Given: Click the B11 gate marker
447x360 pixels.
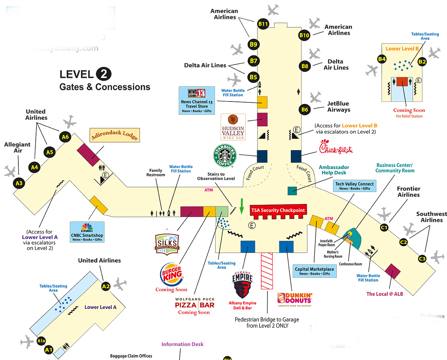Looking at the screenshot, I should pyautogui.click(x=263, y=24).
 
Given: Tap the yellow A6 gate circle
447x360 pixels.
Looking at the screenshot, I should pyautogui.click(x=65, y=137).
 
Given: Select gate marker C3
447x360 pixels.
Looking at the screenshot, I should pyautogui.click(x=422, y=259).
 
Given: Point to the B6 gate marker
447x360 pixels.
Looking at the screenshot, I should pyautogui.click(x=305, y=109).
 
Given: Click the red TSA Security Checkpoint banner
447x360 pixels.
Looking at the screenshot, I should pyautogui.click(x=278, y=210).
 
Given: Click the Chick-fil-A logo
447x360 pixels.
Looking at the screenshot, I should pyautogui.click(x=335, y=147).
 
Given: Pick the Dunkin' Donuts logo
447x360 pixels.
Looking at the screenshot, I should pyautogui.click(x=295, y=299).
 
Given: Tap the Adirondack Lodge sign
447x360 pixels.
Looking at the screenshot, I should pyautogui.click(x=115, y=135).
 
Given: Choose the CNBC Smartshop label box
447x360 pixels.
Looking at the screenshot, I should pyautogui.click(x=87, y=232).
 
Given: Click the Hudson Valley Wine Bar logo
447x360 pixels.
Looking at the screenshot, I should pyautogui.click(x=233, y=127).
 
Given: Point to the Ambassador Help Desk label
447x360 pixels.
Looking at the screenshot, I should pyautogui.click(x=334, y=170).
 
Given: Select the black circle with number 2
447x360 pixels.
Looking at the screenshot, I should pyautogui.click(x=104, y=74).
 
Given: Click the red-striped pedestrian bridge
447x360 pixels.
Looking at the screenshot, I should pyautogui.click(x=267, y=271).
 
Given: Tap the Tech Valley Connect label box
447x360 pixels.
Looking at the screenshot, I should pyautogui.click(x=354, y=186).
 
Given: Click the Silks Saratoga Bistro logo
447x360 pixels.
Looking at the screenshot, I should pyautogui.click(x=167, y=242).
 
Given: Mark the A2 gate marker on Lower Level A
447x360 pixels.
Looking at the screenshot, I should pyautogui.click(x=106, y=286).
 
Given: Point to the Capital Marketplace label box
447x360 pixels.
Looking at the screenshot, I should pyautogui.click(x=314, y=271).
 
